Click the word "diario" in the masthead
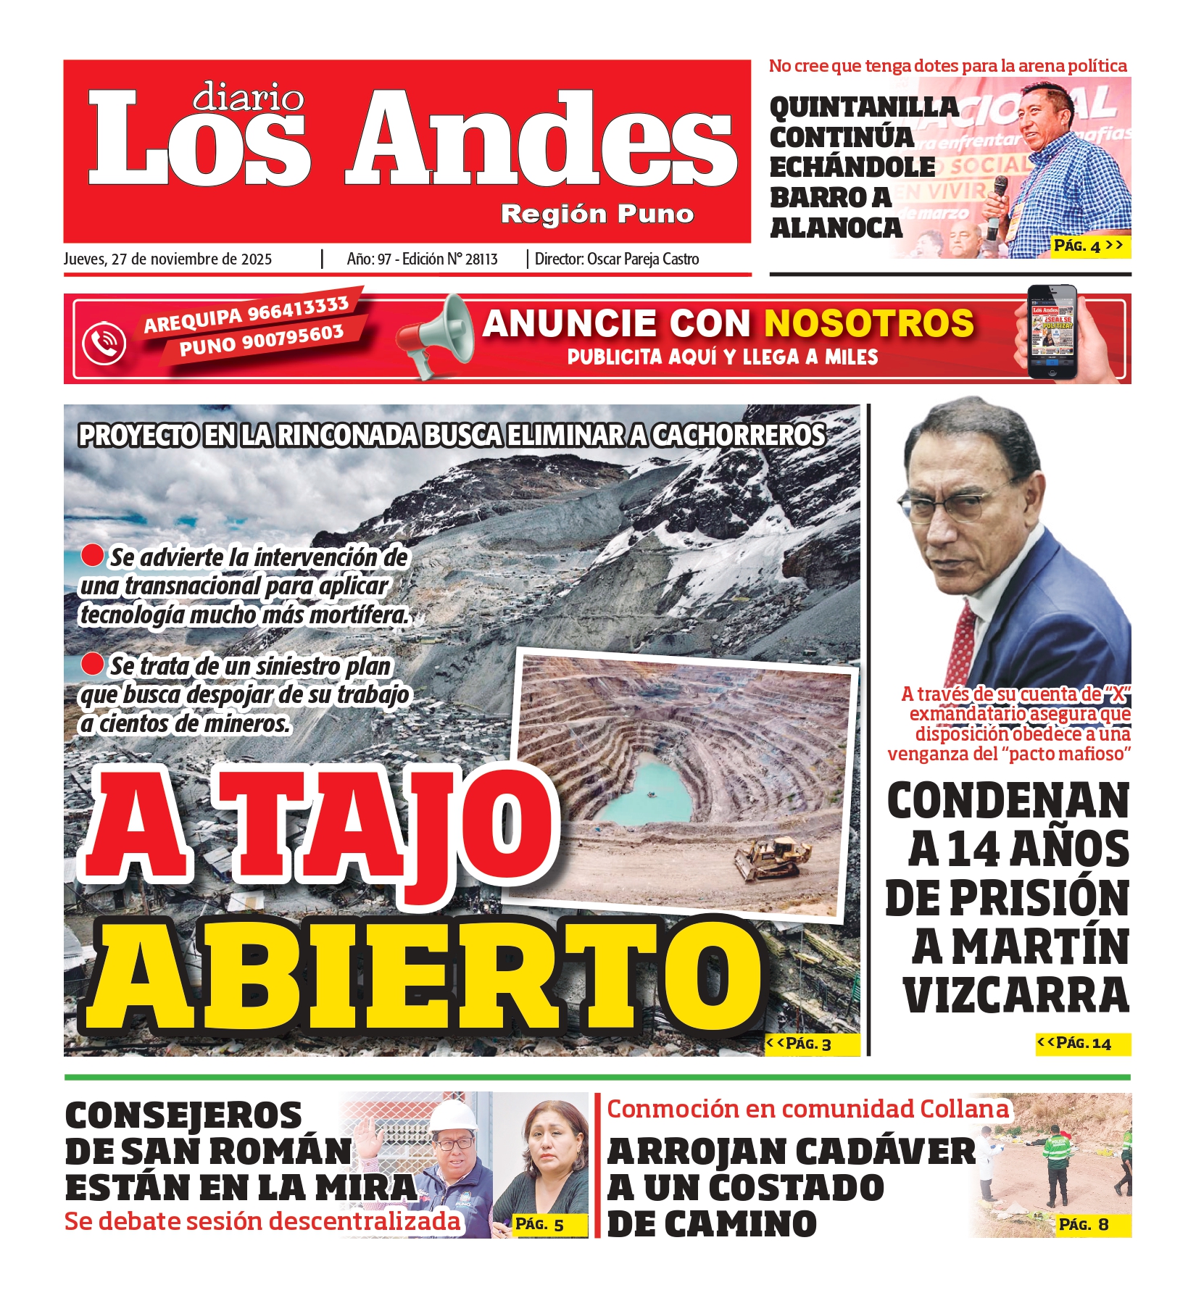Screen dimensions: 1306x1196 (x=248, y=96)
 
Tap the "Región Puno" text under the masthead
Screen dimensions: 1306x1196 (x=597, y=214)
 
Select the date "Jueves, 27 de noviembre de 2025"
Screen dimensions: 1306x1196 (x=167, y=259)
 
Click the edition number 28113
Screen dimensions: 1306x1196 (x=481, y=259)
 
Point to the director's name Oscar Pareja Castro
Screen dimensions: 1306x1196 (x=643, y=259)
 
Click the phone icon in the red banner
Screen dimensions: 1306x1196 (x=103, y=342)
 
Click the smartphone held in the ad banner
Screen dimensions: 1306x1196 (x=1051, y=331)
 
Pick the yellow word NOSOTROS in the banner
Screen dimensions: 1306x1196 (x=869, y=323)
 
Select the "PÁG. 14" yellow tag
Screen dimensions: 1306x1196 (x=1083, y=1043)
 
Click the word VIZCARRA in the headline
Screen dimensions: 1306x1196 (x=1016, y=995)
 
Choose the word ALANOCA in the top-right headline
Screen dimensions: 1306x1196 (x=836, y=228)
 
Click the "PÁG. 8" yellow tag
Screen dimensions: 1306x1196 (x=1084, y=1224)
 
